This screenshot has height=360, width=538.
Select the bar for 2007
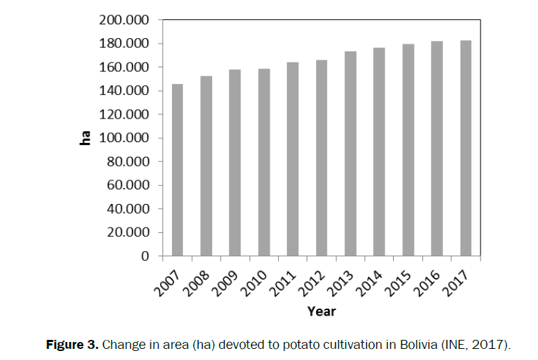(177, 171)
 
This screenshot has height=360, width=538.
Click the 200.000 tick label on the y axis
(125, 20)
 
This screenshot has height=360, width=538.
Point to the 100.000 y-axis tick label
(125, 138)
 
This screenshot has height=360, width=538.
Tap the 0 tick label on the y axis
(144, 256)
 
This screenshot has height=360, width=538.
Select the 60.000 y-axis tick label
(128, 185)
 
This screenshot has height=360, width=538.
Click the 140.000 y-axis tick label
(125, 91)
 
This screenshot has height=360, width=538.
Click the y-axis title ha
(86, 138)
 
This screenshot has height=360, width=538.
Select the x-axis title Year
(321, 311)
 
